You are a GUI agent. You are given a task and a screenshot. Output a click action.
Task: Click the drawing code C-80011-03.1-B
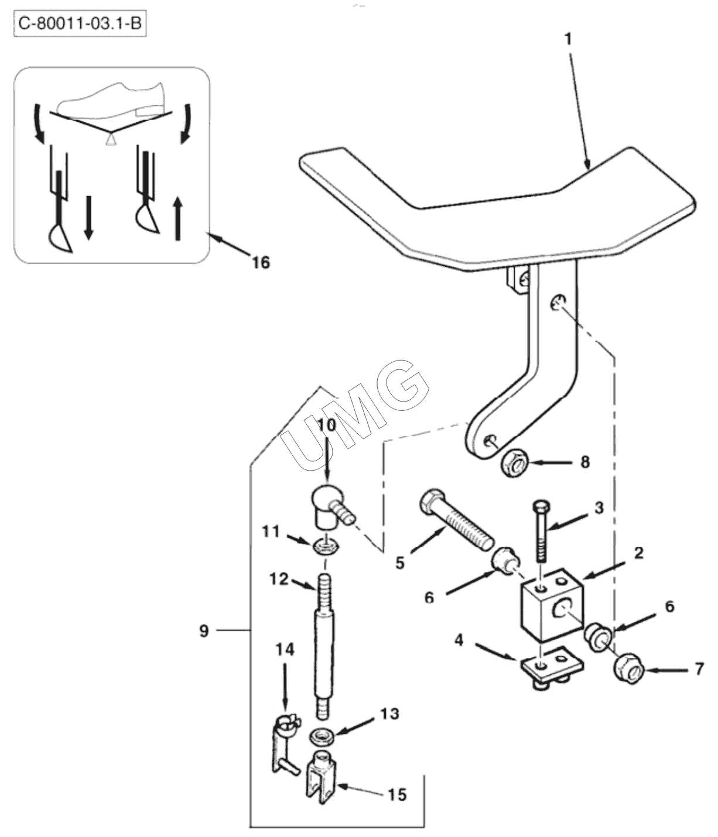point(80,24)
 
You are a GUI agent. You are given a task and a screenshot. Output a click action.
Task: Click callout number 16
point(261,263)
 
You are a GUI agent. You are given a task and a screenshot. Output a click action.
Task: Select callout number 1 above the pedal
point(568,40)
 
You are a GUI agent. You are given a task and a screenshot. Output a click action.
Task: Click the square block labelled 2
point(552,605)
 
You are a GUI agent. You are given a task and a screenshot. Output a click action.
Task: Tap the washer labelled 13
point(321,736)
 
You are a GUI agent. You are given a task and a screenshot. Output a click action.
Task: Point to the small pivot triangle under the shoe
point(111,140)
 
